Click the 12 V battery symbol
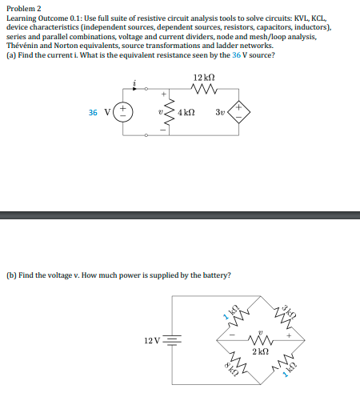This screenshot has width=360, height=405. coord(169,339)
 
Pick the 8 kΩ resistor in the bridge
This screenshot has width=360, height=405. coord(234,366)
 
